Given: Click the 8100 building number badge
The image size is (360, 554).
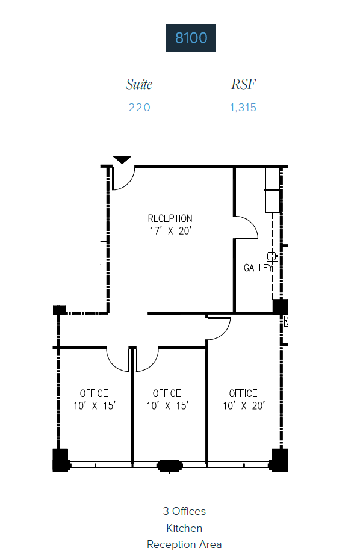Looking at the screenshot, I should point(191,38).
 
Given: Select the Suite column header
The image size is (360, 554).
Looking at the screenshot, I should point(139,84).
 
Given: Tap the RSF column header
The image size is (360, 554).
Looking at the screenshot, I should point(243,84).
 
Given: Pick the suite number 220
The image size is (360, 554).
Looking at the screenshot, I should point(139,108).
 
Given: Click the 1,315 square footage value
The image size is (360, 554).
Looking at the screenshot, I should point(243,108).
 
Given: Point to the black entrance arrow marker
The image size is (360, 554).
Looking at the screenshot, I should point(122,160).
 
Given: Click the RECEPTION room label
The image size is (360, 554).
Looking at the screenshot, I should point(170,218).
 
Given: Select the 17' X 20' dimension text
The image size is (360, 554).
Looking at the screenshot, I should point(170,230).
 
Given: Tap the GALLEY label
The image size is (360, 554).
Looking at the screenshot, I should point(258,268).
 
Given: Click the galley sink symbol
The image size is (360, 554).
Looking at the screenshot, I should point(272,256).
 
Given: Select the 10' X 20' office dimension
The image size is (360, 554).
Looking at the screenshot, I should point(243,406).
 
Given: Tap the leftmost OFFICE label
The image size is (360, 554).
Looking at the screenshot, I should point(94,393).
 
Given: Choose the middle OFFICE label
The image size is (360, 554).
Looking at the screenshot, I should point(167,393).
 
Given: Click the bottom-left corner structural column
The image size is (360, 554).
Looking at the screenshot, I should point(61,460).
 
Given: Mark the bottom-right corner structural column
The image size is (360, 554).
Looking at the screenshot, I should point(280,460).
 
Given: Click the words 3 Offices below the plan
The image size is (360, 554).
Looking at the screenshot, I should point(184,511).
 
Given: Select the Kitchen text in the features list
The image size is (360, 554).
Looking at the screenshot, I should point(184,528).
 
